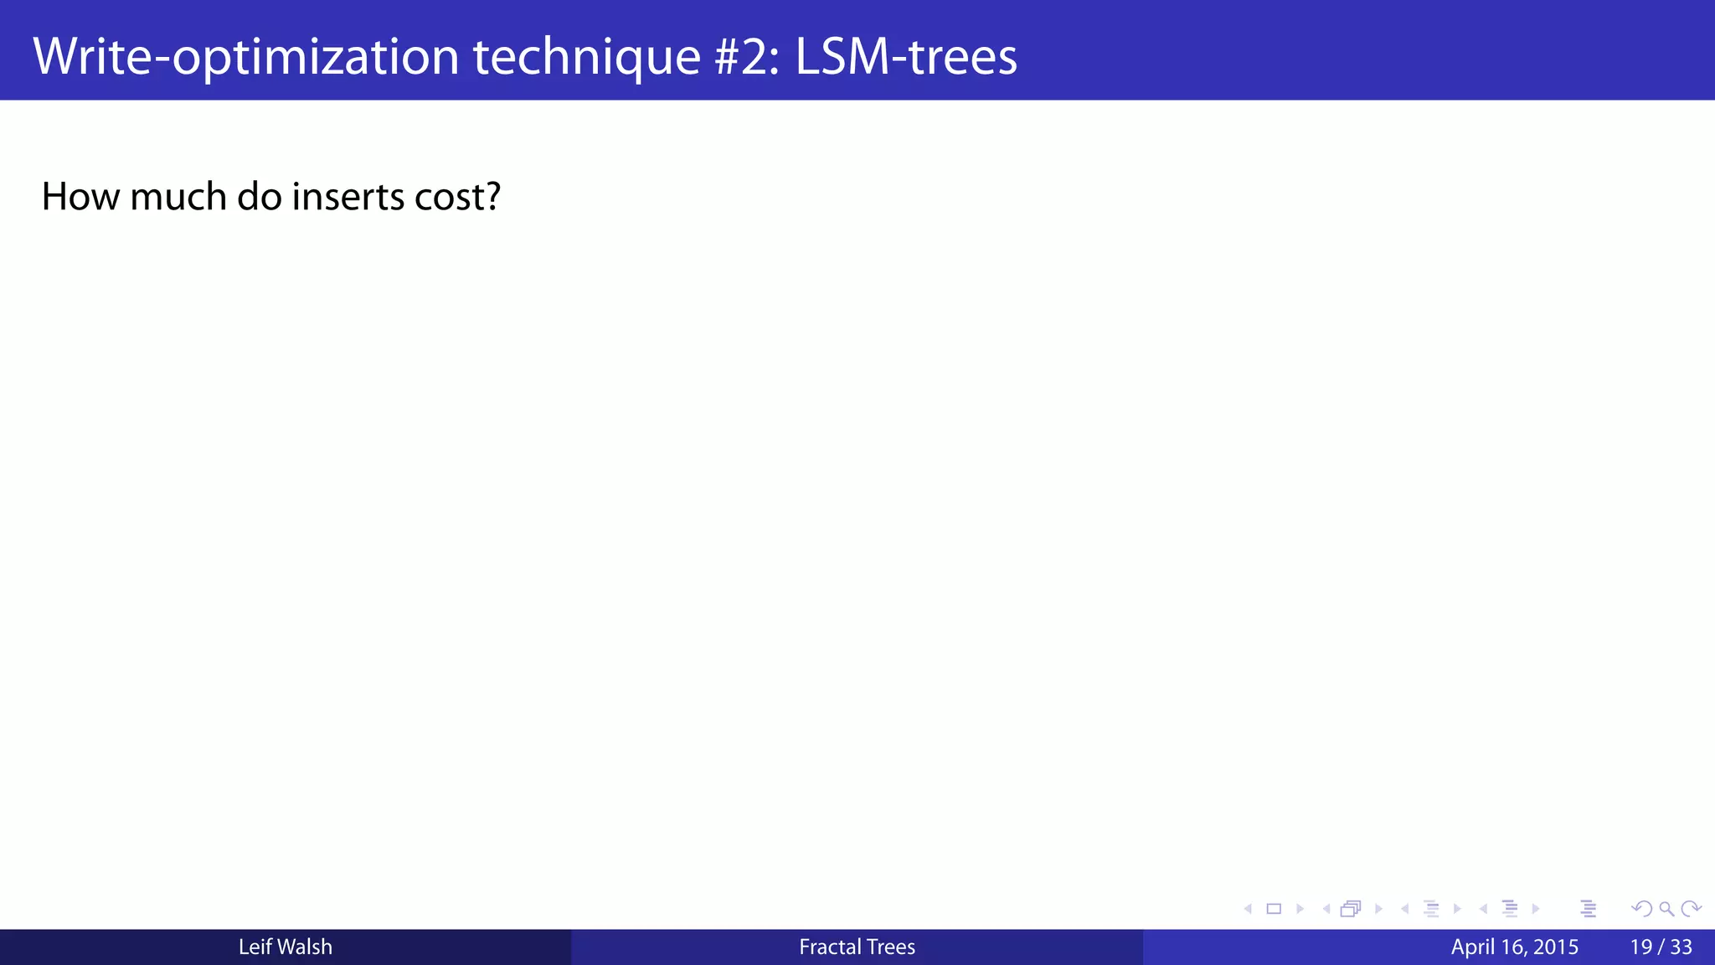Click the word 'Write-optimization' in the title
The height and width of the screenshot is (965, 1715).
(245, 56)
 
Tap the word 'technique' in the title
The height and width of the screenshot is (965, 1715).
(586, 56)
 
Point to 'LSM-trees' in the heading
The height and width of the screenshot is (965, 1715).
(905, 56)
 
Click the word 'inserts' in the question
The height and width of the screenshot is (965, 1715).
(348, 197)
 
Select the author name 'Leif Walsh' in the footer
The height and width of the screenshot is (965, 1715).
(285, 947)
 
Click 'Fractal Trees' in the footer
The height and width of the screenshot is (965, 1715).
(857, 947)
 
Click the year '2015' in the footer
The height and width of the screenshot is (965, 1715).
(1556, 947)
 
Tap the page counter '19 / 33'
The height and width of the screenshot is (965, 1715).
(1661, 947)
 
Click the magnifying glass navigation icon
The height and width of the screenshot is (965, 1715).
(1666, 909)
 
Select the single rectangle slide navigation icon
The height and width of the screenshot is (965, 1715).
(1274, 909)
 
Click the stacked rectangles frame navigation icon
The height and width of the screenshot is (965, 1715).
(1351, 909)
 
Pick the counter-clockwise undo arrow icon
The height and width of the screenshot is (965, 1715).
(1641, 909)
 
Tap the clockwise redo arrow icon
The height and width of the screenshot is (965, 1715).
(1691, 909)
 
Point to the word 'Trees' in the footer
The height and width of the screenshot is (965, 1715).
(890, 947)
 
